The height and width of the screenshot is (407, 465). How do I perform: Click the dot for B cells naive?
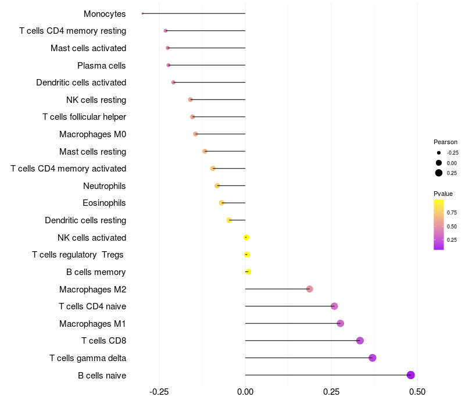[x=410, y=375]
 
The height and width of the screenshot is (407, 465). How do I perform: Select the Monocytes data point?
[x=142, y=13]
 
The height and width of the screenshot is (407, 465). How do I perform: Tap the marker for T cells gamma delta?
[x=373, y=358]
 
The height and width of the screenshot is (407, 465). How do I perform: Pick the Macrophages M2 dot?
[x=310, y=288]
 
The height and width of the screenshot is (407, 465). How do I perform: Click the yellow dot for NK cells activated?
[x=246, y=237]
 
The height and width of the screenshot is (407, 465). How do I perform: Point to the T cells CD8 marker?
[x=360, y=341]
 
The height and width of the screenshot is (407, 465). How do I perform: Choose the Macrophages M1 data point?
[x=341, y=323]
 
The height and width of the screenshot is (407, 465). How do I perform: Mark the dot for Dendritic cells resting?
[x=229, y=220]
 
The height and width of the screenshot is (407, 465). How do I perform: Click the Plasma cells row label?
[x=101, y=66]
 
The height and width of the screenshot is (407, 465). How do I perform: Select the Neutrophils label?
[x=105, y=186]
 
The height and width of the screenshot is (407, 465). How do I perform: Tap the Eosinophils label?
[x=104, y=203]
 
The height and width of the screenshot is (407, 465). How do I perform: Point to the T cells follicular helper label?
[x=84, y=117]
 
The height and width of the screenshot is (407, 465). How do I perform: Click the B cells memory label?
[x=96, y=272]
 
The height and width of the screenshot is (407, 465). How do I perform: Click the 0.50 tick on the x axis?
[x=417, y=392]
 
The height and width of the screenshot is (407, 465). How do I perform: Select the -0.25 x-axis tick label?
[x=159, y=392]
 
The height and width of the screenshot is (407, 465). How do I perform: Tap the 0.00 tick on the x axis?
[x=245, y=392]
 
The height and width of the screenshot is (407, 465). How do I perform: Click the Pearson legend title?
[x=445, y=142]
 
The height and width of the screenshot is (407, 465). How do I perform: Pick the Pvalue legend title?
[x=443, y=194]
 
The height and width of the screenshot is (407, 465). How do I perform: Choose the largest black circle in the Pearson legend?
[x=439, y=173]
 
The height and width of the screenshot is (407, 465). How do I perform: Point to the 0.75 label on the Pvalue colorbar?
[x=452, y=213]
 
